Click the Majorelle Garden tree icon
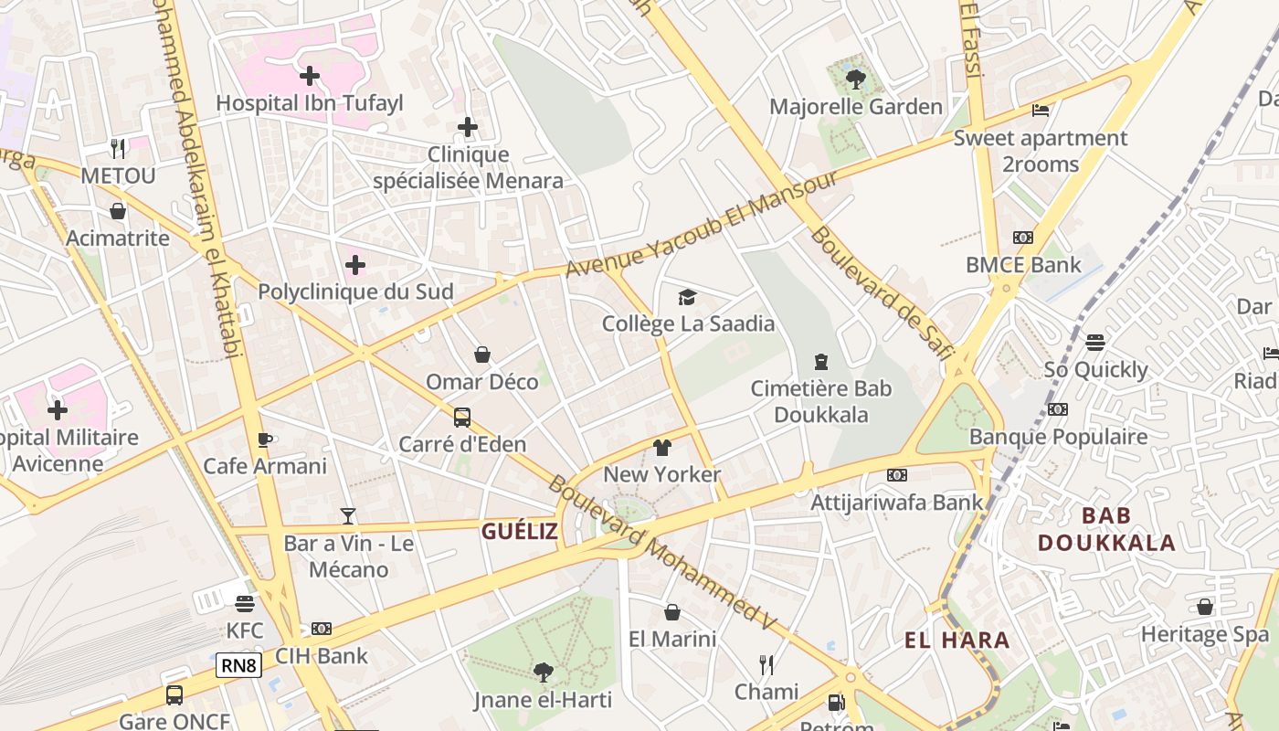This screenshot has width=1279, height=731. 856,79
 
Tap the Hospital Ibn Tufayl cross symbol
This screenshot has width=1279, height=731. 310,76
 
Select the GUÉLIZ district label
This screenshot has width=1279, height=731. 519,532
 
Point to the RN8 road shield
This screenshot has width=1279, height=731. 238,665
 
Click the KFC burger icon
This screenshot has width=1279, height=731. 244,604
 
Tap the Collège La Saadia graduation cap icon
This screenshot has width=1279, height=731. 687,297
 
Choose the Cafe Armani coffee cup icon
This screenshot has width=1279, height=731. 265,440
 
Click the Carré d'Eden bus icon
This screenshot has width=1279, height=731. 462,418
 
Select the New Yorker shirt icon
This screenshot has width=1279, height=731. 662,448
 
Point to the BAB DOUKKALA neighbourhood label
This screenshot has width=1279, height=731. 1106,529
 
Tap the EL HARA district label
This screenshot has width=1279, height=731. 957,641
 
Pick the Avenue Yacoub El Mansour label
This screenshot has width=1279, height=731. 701,224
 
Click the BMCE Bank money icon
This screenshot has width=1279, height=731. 1023,238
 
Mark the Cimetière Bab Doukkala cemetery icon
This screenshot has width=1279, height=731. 820,362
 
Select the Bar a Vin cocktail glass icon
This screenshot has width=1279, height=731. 348,516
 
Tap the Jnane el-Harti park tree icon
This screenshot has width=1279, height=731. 543,673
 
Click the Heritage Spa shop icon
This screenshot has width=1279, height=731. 1205,607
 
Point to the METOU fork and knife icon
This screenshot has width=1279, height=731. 118,148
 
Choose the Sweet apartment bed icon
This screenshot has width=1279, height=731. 1041,111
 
